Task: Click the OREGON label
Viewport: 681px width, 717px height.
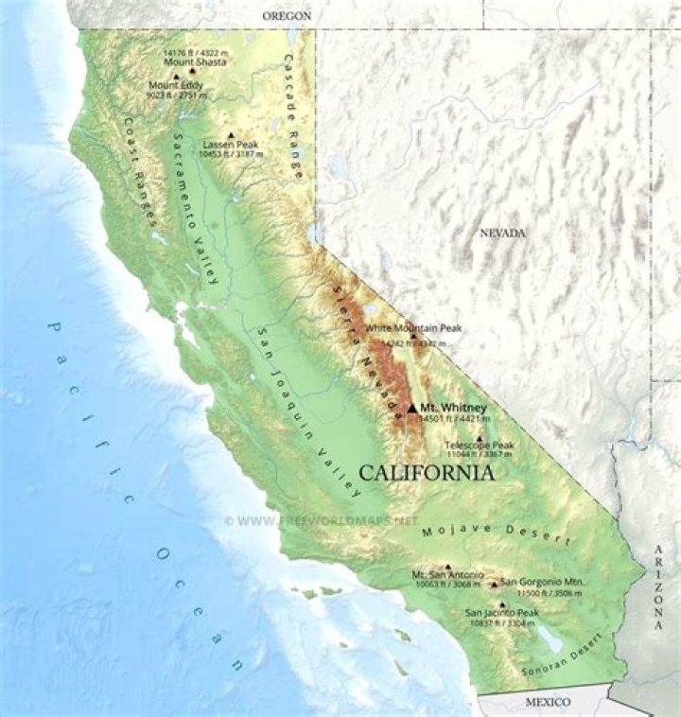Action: [x=287, y=16]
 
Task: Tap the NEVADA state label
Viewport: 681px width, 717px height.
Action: [x=501, y=234]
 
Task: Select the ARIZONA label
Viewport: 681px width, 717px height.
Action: [x=658, y=588]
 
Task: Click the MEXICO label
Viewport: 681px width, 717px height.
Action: [x=548, y=702]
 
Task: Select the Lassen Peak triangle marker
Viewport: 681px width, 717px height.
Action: [x=230, y=134]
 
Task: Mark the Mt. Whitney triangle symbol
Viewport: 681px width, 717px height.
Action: [x=410, y=408]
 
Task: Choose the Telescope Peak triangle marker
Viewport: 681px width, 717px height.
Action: [x=480, y=438]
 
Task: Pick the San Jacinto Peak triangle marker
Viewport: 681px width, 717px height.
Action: [x=502, y=603]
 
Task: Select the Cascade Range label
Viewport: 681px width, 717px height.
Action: [x=294, y=114]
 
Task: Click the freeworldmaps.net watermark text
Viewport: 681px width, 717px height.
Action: [x=322, y=521]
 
